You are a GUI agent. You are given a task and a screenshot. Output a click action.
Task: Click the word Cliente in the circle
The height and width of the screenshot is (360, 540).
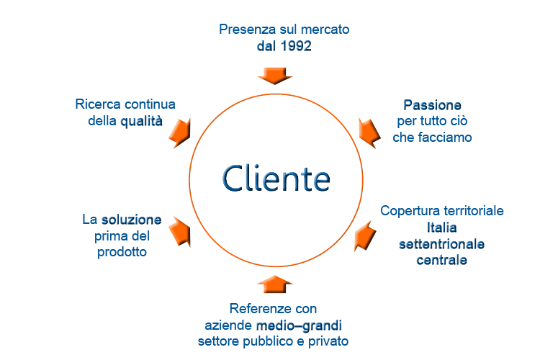pyautogui.click(x=276, y=179)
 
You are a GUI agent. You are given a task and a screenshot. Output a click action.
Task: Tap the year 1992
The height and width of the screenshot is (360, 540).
pyautogui.click(x=296, y=46)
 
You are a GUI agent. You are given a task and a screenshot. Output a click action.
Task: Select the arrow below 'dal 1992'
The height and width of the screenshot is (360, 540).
pyautogui.click(x=275, y=76)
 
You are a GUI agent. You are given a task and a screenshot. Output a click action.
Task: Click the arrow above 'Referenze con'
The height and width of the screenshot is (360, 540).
pyautogui.click(x=275, y=284)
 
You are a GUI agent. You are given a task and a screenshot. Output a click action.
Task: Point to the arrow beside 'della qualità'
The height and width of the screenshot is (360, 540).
pyautogui.click(x=180, y=133)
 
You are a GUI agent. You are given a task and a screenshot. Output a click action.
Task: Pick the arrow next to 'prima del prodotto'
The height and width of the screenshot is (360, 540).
pyautogui.click(x=180, y=232)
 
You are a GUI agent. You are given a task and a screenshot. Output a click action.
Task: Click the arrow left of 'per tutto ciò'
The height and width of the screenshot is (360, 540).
pyautogui.click(x=369, y=133)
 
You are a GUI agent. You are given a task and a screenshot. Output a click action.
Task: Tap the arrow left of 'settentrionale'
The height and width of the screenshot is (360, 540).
pyautogui.click(x=365, y=236)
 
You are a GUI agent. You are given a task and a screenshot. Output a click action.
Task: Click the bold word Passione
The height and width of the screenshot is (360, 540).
pyautogui.click(x=432, y=105)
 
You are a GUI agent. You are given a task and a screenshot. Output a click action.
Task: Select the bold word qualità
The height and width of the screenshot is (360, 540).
pyautogui.click(x=142, y=121)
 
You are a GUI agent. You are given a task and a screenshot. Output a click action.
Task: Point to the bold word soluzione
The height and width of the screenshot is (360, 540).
pyautogui.click(x=131, y=220)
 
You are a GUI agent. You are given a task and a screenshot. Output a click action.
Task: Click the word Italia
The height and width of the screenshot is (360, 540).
pyautogui.click(x=442, y=228)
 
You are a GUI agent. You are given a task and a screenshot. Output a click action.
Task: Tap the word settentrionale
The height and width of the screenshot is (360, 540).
pyautogui.click(x=442, y=244)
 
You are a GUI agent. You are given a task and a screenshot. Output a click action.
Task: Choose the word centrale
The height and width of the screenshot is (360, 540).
pyautogui.click(x=442, y=260)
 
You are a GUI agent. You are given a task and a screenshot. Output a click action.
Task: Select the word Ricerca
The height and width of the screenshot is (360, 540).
pyautogui.click(x=98, y=104)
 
